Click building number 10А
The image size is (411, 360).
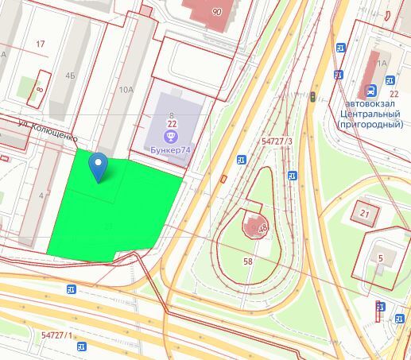click(126, 90)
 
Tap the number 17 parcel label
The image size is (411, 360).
click(41, 43)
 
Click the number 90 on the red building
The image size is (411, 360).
click(217, 13)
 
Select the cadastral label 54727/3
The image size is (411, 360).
click(277, 141)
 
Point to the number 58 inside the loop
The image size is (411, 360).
click(248, 261)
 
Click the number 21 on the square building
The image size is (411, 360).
click(365, 213)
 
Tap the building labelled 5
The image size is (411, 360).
click(381, 257)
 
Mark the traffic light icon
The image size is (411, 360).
click(313, 97)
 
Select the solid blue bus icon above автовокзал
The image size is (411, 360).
click(390, 81)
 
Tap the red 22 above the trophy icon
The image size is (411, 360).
click(171, 125)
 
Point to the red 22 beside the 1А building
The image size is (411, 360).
click(394, 94)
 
